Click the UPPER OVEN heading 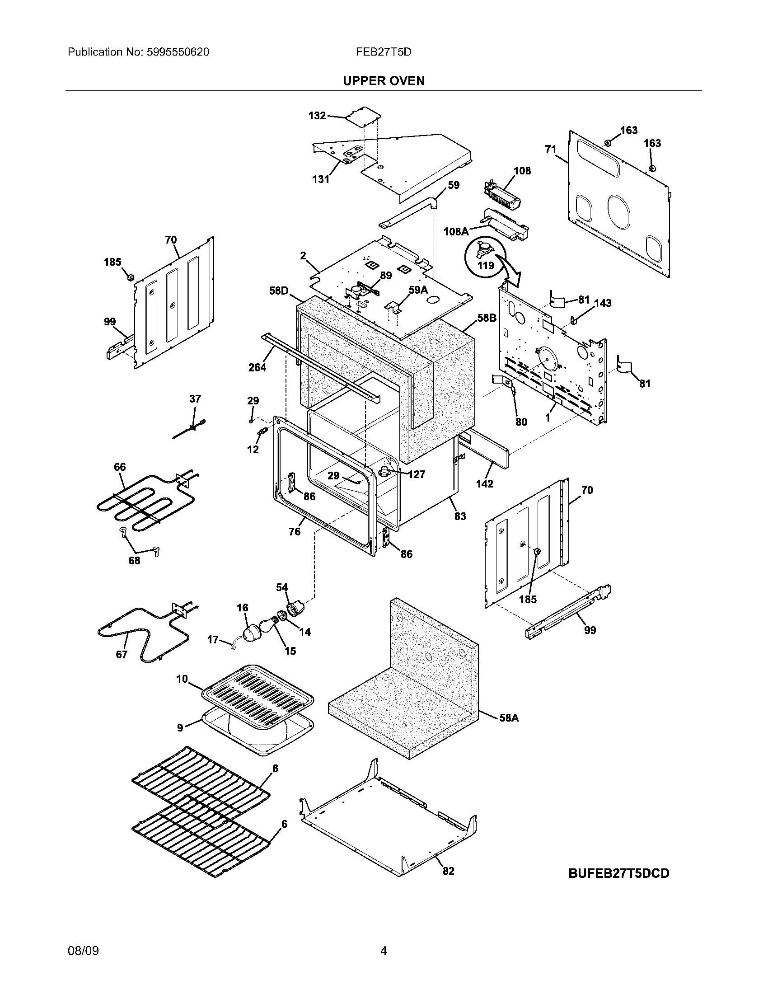click(x=384, y=80)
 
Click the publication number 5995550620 click(x=178, y=52)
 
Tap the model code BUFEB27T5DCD click(x=619, y=873)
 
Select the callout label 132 click(x=317, y=116)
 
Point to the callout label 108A click(x=456, y=232)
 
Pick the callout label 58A click(x=509, y=718)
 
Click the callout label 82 click(x=448, y=871)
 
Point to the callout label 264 click(x=257, y=367)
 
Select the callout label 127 click(x=417, y=474)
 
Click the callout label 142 click(x=485, y=483)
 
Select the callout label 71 click(x=551, y=149)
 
